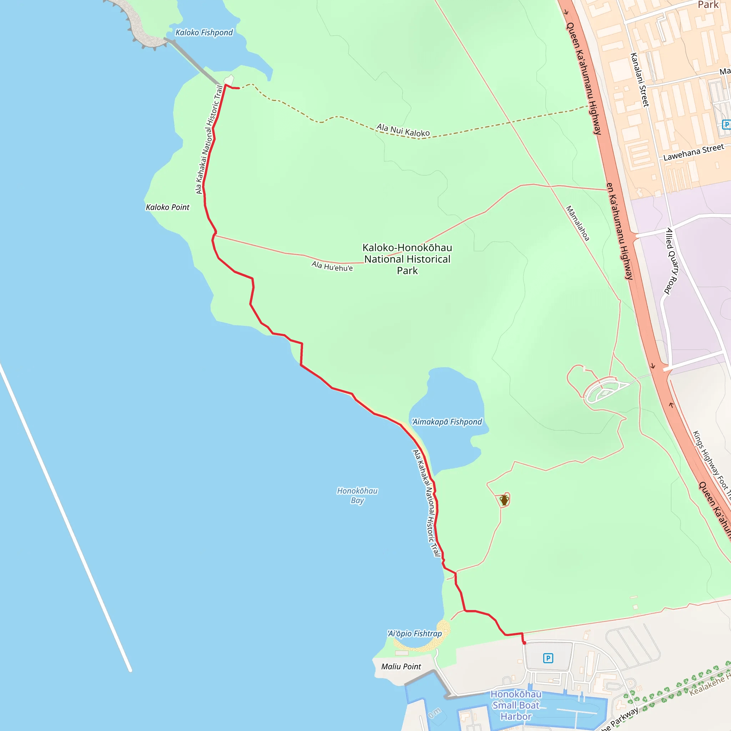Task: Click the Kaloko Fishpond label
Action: coord(204,32)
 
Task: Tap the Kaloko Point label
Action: coord(168,207)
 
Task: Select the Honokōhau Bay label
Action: coord(357,495)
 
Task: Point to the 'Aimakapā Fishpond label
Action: coord(447,422)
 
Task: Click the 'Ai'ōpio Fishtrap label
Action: coord(415,634)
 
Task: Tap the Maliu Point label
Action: coord(401,667)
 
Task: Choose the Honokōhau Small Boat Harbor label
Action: coord(516,705)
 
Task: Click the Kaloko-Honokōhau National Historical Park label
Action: coord(407,259)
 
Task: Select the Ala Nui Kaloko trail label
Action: coord(403,130)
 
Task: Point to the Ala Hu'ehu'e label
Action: coord(332,266)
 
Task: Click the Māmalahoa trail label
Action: coord(578,223)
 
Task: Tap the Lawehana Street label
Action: coord(694,152)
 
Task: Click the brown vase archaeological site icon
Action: coord(504,500)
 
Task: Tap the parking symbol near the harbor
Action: coord(548,658)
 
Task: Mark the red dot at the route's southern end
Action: coord(524,643)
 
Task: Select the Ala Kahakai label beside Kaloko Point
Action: coord(209,140)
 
